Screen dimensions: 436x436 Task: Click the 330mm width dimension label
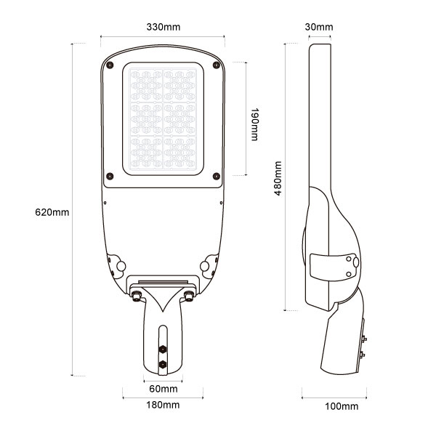pos(163,27)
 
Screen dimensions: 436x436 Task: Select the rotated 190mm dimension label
pos(254,126)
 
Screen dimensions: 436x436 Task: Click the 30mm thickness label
pos(319,27)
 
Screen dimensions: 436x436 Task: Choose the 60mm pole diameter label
pos(163,389)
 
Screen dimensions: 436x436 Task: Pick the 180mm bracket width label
pos(163,405)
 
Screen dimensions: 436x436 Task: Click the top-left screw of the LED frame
pos(109,65)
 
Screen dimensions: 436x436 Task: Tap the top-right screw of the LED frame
pos(217,65)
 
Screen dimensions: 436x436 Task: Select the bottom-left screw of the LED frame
pos(109,174)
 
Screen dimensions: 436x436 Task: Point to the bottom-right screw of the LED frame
pos(217,174)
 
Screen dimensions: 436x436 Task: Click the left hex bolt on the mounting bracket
pos(137,295)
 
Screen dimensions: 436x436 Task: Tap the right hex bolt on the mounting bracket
pos(189,295)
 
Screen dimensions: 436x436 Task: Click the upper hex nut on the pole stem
pos(163,347)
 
